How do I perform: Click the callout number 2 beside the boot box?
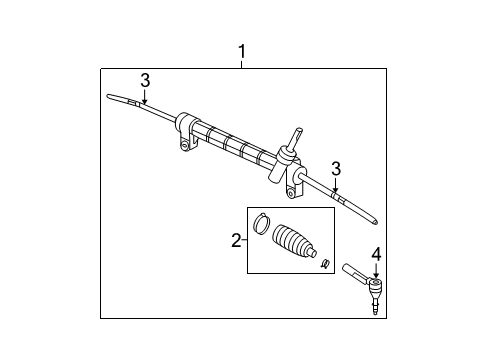(x=236, y=240)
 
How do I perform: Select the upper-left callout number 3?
(x=145, y=79)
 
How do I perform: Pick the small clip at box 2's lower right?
(x=325, y=264)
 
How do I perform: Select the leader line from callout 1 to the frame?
(x=240, y=63)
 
